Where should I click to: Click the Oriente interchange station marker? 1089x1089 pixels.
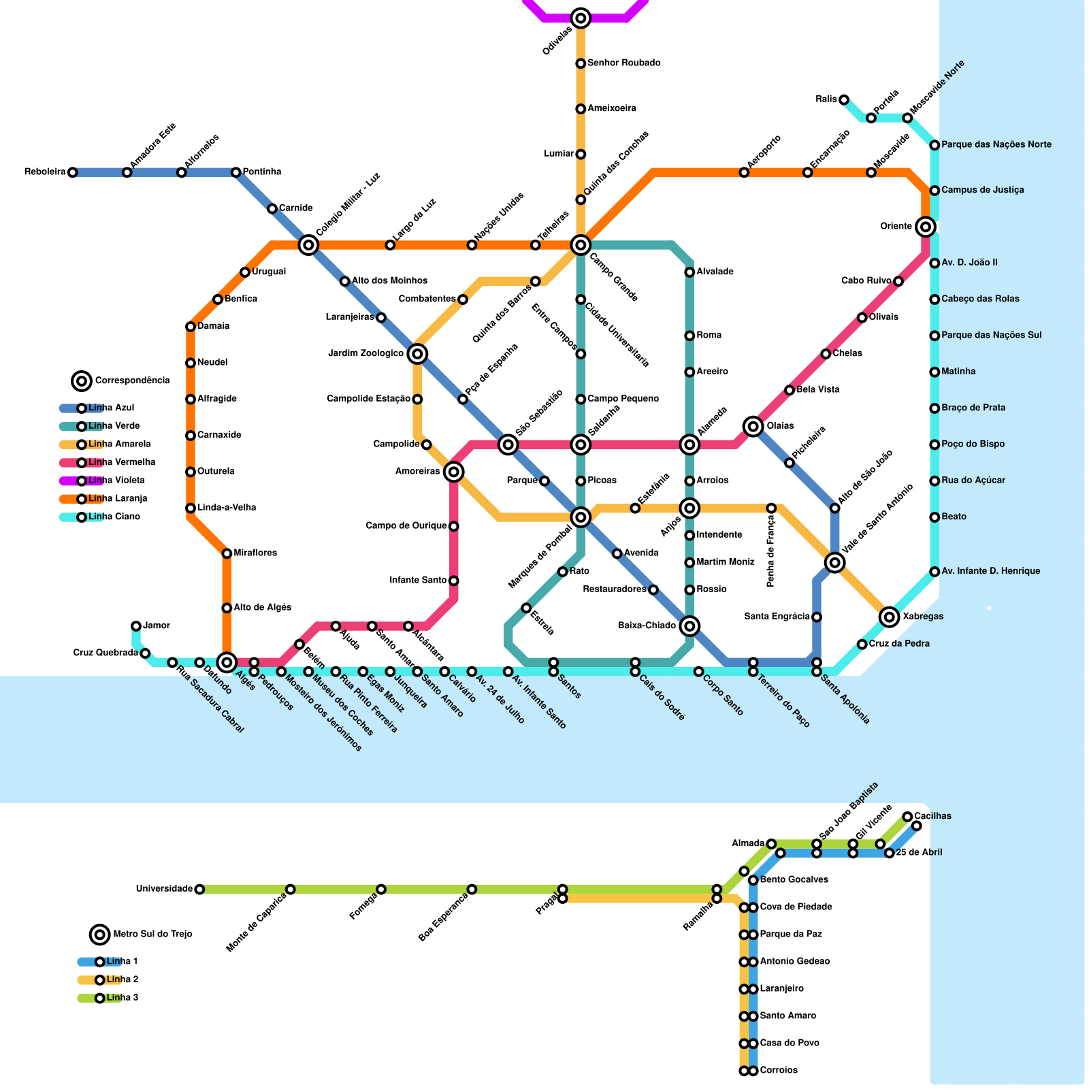tap(925, 226)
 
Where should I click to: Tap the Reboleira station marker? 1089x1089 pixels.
tap(72, 172)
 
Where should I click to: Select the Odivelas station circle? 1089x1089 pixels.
tap(581, 18)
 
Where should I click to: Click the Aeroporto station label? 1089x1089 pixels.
tap(764, 152)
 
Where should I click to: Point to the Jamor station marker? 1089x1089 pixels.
tap(136, 625)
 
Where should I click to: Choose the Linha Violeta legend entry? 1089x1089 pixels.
tap(116, 481)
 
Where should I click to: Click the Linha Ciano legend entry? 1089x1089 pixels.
tap(114, 517)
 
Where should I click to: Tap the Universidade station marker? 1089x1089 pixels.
tap(199, 889)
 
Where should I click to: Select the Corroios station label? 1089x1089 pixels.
tap(779, 1071)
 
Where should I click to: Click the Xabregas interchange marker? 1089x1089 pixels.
tap(889, 617)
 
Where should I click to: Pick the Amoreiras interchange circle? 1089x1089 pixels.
tap(454, 472)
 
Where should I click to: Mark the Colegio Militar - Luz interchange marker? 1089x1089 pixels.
tap(308, 244)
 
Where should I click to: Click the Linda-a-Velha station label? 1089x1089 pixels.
tap(227, 508)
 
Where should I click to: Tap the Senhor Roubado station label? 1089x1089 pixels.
tap(623, 63)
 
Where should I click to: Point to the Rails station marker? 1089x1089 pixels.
tap(844, 100)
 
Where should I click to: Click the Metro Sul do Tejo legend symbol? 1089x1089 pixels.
tap(100, 934)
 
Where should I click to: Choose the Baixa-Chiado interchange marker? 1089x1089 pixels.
tap(689, 625)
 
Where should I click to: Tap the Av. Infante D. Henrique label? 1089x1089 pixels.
tap(990, 571)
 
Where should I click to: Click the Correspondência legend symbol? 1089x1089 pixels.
tap(82, 380)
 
